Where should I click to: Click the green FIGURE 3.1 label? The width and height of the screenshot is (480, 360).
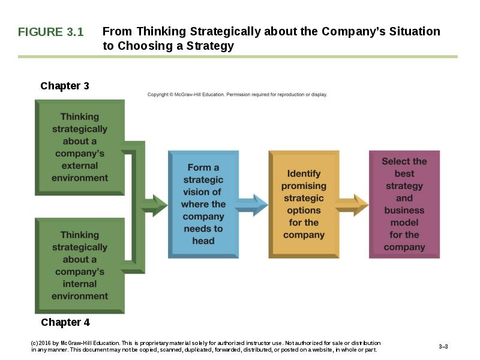[50, 32]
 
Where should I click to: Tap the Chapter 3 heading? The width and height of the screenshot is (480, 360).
[65, 86]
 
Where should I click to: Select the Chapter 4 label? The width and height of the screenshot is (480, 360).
[65, 322]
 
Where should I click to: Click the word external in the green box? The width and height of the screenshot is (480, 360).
[80, 166]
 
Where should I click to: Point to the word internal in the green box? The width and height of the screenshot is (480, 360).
[80, 284]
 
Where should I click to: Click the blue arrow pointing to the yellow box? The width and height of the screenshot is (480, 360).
[251, 205]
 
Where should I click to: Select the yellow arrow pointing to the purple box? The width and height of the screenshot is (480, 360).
[352, 205]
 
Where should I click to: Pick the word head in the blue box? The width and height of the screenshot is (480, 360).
[203, 241]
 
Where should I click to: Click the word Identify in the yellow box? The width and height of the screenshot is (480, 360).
[304, 173]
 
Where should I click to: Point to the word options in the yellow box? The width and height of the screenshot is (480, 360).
[304, 211]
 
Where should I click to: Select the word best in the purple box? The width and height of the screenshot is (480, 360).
[404, 173]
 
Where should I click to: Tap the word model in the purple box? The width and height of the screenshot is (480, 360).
[404, 223]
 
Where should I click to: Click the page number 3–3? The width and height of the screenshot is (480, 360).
[443, 347]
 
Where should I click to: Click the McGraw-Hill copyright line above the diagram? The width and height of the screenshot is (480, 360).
[237, 94]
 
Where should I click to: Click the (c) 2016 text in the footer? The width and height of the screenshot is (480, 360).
[41, 343]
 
